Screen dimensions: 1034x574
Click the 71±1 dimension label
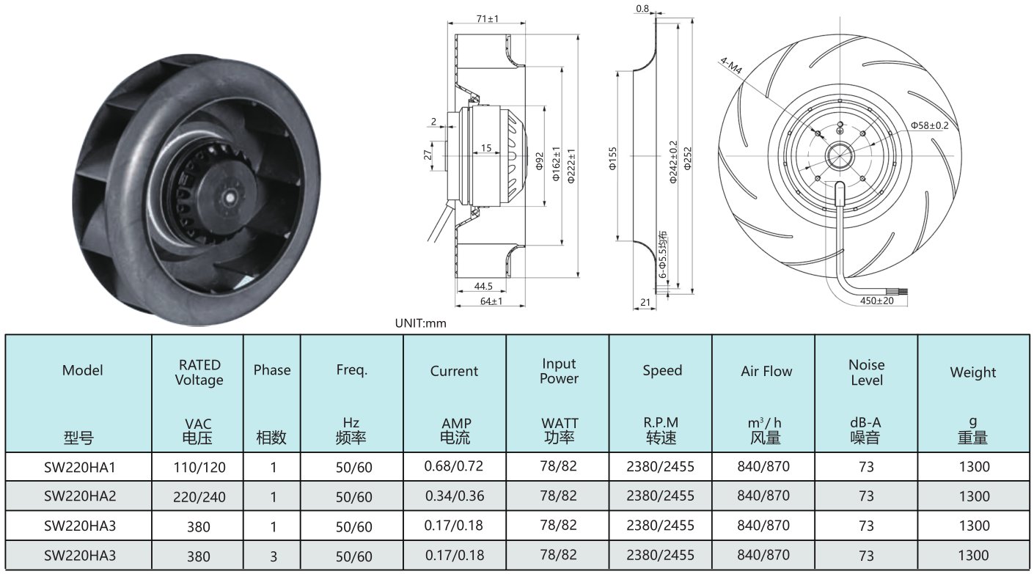pos(488,19)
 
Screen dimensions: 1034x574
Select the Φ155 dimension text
pos(612,158)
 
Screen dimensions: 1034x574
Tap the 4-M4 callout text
pos(731,65)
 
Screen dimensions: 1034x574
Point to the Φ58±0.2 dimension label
pos(930,125)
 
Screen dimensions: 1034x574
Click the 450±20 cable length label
pos(877,301)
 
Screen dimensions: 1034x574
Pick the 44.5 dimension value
pos(483,286)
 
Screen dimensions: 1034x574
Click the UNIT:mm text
pos(420,323)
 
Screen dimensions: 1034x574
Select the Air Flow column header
pos(766,371)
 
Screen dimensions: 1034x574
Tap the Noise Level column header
pos(867,372)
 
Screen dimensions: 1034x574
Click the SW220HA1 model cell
pos(79,468)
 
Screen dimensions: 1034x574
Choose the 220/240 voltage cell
pos(199,497)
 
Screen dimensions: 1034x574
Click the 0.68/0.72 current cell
pos(454,466)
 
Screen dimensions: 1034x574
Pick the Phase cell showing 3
pos(274,556)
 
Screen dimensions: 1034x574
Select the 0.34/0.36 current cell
pos(455,496)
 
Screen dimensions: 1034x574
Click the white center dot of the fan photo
pos(229,197)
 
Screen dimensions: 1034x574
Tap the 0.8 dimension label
pos(642,9)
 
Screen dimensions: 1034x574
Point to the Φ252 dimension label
pos(687,158)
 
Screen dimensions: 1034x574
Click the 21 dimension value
pos(645,302)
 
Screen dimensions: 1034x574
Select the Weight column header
pos(973,372)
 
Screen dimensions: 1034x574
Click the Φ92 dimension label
pos(540,161)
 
